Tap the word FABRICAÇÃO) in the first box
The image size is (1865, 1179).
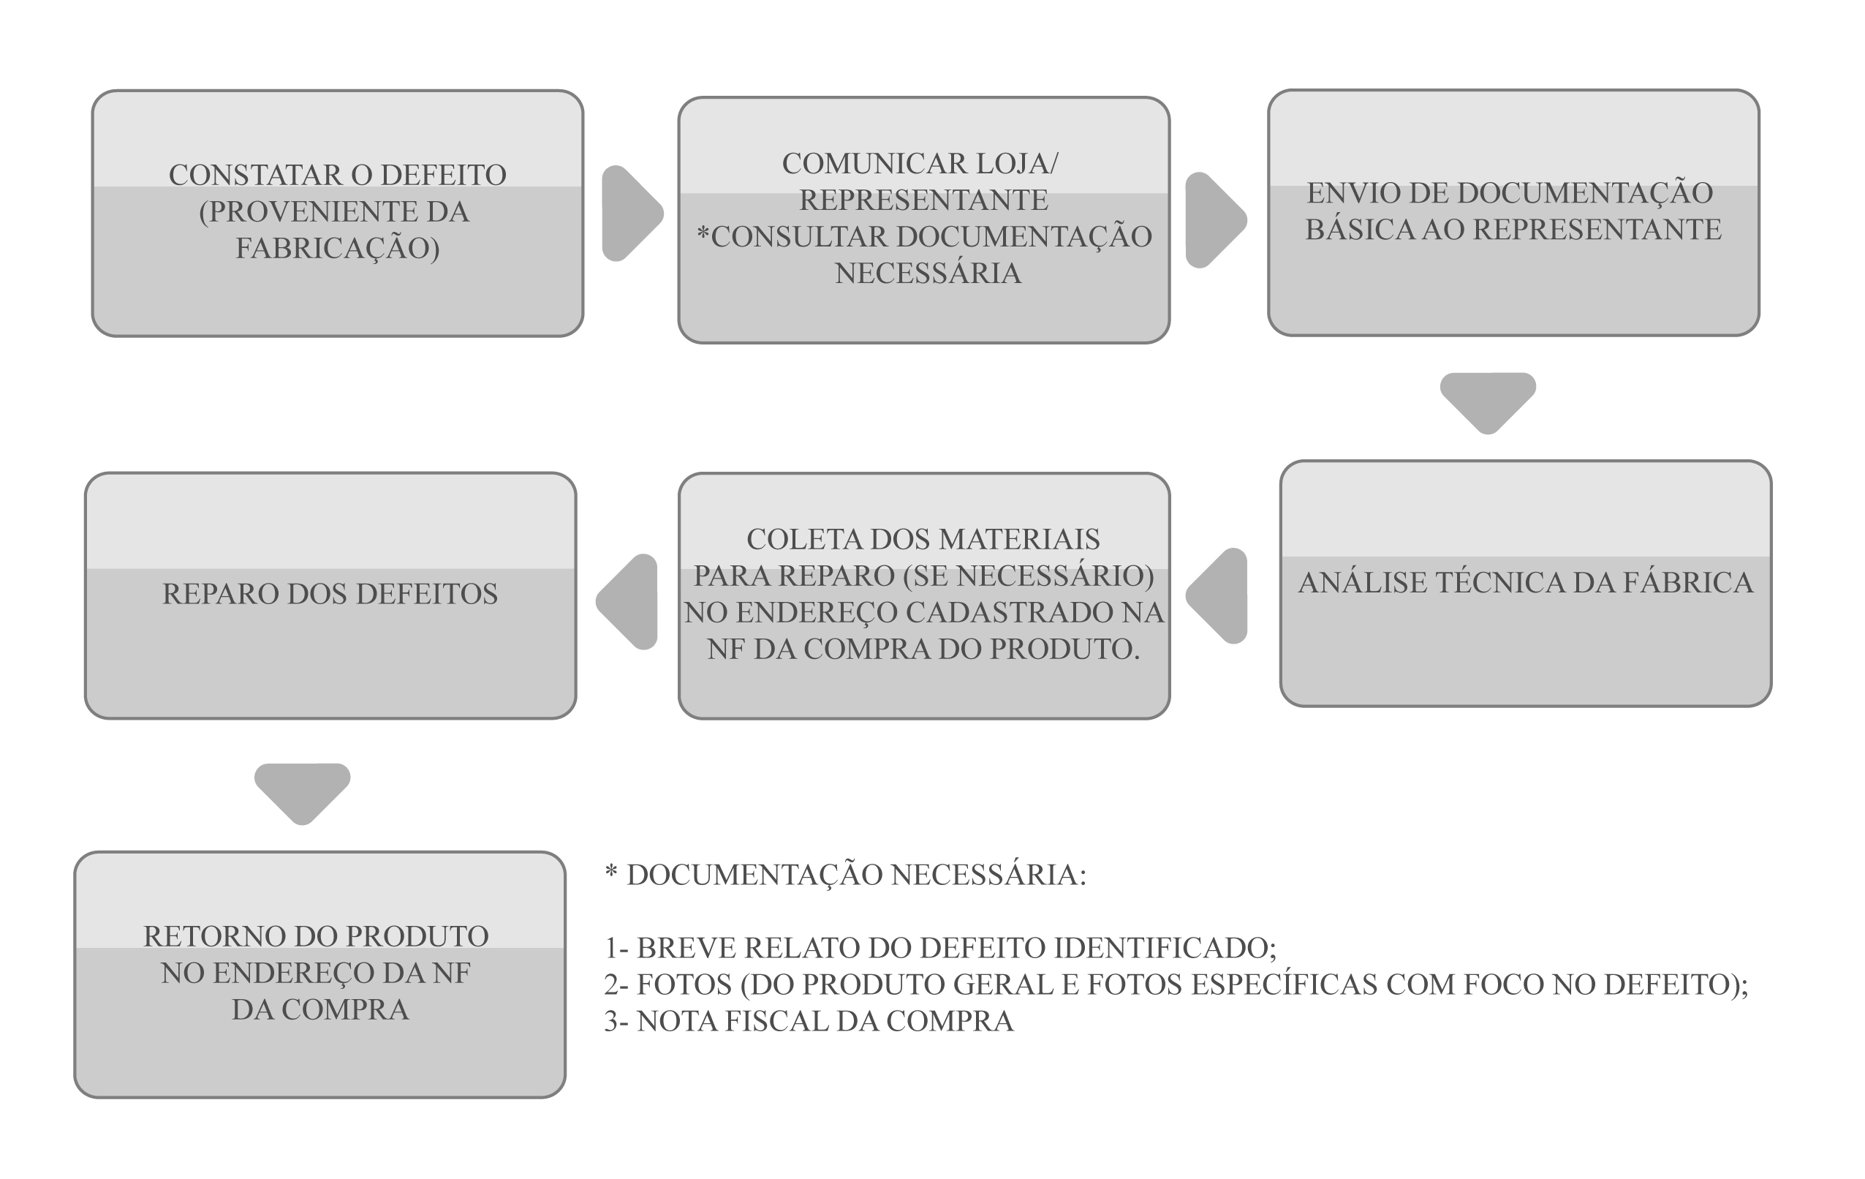338,249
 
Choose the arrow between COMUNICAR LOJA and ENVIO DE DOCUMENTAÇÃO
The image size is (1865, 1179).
1216,220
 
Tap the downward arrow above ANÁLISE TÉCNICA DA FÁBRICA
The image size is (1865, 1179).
1488,404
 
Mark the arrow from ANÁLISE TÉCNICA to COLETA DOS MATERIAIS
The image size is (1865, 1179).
1216,595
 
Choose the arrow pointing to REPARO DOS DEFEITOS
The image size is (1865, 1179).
627,602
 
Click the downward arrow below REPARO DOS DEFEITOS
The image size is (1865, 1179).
303,795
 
